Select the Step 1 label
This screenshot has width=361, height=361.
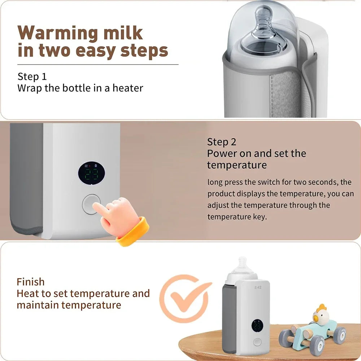[x=32, y=77]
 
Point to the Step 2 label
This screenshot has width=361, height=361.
[x=222, y=142]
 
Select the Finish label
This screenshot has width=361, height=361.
[x=31, y=282]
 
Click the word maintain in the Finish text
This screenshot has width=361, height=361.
[x=38, y=305]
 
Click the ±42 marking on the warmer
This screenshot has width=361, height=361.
[x=257, y=287]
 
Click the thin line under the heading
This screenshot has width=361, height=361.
[x=98, y=65]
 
